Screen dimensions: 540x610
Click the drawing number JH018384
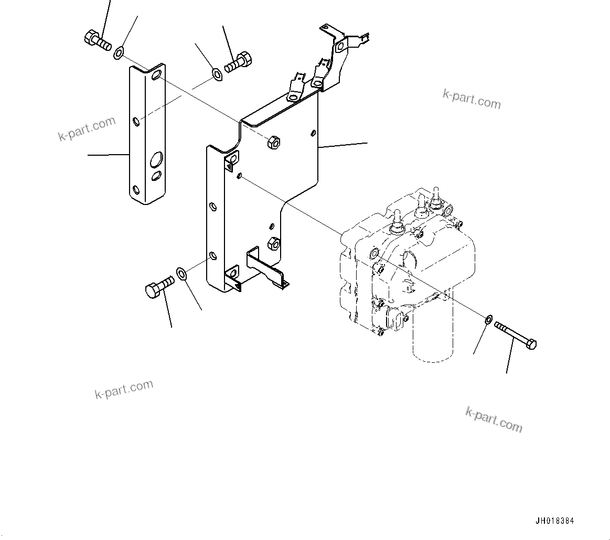[x=554, y=521]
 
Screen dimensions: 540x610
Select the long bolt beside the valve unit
[x=515, y=336]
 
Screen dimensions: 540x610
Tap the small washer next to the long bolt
[x=487, y=318]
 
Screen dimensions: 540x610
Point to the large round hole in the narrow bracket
[x=156, y=159]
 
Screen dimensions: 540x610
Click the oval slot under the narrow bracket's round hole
[x=157, y=176]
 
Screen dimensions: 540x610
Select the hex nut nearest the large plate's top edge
[x=273, y=142]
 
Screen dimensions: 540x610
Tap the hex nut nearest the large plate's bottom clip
[x=273, y=242]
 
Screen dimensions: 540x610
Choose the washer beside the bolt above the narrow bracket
[x=120, y=51]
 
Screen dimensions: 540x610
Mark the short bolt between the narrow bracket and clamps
[x=239, y=61]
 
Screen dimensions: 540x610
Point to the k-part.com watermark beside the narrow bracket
[x=87, y=129]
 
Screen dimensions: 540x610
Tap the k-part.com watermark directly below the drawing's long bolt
[x=494, y=419]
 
